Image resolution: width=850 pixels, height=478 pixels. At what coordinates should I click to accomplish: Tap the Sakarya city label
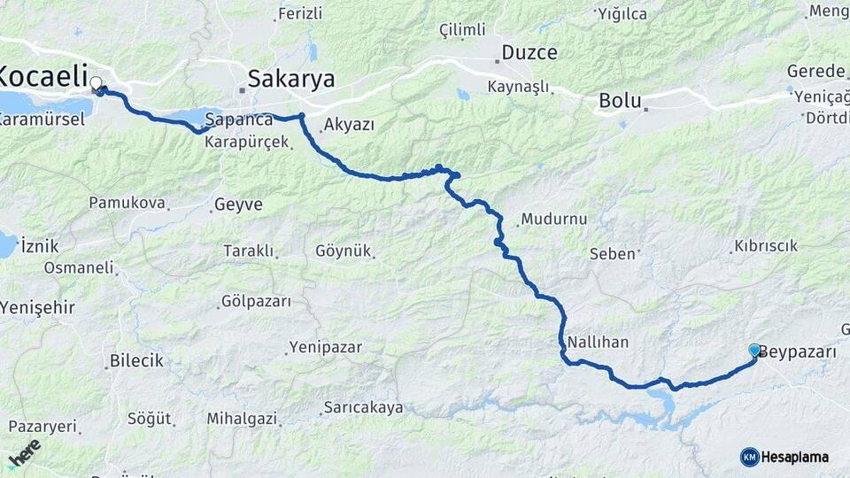[x=291, y=79]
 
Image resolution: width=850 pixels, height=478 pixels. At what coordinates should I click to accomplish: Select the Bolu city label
[x=620, y=100]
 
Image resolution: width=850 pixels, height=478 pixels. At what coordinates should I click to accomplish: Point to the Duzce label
[x=529, y=52]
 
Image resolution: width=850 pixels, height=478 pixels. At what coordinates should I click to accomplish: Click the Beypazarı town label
[x=798, y=351]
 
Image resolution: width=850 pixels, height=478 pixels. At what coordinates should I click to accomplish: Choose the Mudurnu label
[x=554, y=219]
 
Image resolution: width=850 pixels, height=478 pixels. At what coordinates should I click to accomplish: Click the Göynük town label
[x=343, y=251]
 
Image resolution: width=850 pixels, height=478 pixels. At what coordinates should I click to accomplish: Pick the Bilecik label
[x=136, y=360]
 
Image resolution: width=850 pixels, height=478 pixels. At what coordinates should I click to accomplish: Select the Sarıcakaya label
[x=363, y=407]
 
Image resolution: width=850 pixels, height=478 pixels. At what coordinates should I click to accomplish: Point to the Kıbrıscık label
[x=766, y=246]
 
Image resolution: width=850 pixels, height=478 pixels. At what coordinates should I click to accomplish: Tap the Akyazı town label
[x=349, y=125]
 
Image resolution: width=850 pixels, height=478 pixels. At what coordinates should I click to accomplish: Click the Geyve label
[x=238, y=204]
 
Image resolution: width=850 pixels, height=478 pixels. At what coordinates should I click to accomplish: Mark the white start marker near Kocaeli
[x=96, y=83]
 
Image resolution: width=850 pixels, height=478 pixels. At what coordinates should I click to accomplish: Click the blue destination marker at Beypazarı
[x=754, y=351]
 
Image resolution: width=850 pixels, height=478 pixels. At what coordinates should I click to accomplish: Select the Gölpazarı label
[x=258, y=302]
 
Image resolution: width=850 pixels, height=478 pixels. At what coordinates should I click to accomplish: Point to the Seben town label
[x=613, y=254]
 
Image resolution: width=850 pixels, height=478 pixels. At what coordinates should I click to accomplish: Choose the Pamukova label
[x=127, y=203]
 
